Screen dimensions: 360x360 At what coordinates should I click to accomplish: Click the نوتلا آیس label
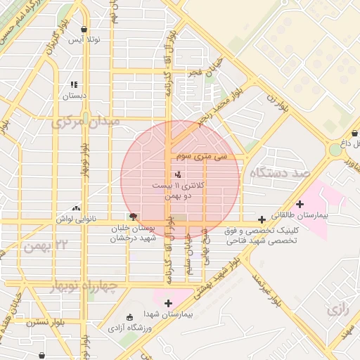click(x=84, y=40)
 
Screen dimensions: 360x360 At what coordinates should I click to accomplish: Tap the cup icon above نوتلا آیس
click(x=84, y=29)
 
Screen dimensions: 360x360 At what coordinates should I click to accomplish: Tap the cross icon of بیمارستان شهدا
click(x=168, y=303)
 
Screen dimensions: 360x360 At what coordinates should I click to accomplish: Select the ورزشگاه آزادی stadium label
click(x=127, y=328)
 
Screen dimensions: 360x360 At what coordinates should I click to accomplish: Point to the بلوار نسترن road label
click(x=45, y=323)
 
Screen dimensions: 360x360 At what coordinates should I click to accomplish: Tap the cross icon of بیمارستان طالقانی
click(x=300, y=204)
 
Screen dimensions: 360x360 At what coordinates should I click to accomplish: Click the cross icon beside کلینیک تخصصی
click(x=262, y=219)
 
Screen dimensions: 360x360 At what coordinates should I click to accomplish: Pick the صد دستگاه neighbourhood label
click(x=279, y=173)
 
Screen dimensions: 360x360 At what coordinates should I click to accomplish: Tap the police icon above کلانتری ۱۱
click(x=176, y=173)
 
